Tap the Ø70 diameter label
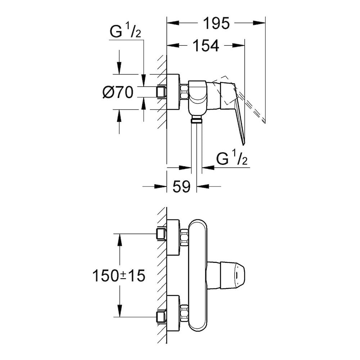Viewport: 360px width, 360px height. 118,93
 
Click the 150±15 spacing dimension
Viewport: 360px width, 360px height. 119,276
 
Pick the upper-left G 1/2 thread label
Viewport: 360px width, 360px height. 124,33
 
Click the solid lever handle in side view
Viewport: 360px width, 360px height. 236,108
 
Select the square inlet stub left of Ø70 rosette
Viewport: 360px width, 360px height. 162,92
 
